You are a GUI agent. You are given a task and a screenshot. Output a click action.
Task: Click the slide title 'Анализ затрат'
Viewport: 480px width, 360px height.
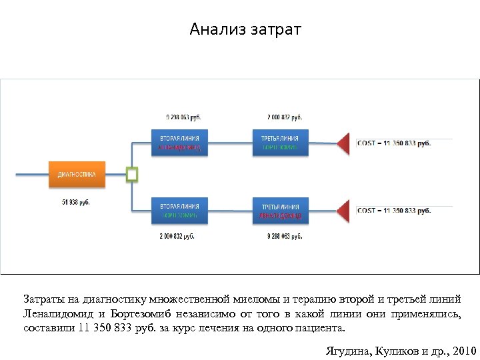[245, 30]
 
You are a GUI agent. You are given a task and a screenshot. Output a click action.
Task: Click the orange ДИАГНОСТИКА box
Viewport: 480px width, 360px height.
[76, 175]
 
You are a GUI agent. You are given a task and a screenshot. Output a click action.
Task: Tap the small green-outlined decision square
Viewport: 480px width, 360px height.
[132, 175]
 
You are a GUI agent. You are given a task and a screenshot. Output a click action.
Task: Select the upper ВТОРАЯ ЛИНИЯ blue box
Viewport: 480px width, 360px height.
[179, 142]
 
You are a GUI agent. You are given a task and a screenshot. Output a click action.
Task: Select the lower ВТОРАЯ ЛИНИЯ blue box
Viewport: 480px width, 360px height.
[179, 211]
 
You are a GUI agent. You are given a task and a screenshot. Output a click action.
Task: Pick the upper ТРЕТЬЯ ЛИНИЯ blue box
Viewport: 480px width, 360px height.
[280, 142]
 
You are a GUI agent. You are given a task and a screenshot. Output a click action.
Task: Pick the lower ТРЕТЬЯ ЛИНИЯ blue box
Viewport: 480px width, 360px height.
[280, 211]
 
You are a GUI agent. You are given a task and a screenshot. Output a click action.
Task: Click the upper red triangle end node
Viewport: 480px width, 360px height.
[343, 143]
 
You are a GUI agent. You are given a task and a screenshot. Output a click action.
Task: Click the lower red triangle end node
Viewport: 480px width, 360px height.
[343, 211]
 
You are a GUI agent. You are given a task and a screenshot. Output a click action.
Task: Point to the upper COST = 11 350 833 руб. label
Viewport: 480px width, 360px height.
[394, 143]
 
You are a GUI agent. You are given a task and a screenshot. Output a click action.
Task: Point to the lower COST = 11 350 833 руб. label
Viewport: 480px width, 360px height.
[394, 211]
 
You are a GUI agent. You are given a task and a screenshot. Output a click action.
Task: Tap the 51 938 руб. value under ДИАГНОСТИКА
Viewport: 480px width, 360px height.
[76, 202]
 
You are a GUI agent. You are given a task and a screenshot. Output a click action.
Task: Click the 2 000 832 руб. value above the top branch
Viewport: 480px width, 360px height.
[285, 117]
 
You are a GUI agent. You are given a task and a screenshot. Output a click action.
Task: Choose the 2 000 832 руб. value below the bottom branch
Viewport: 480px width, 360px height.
[177, 236]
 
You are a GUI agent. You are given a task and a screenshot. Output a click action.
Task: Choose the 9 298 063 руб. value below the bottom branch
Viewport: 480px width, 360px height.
[285, 236]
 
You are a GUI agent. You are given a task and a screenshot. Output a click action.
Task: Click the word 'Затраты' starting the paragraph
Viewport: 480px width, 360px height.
[45, 299]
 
